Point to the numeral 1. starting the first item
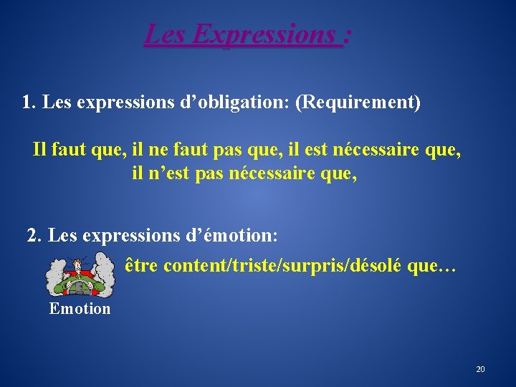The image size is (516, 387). (x=29, y=102)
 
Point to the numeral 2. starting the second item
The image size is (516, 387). (x=34, y=235)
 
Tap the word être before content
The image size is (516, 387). (x=141, y=266)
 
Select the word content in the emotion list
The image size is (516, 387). (x=193, y=266)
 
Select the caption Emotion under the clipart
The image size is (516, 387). (x=80, y=309)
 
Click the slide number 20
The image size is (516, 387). (x=480, y=369)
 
